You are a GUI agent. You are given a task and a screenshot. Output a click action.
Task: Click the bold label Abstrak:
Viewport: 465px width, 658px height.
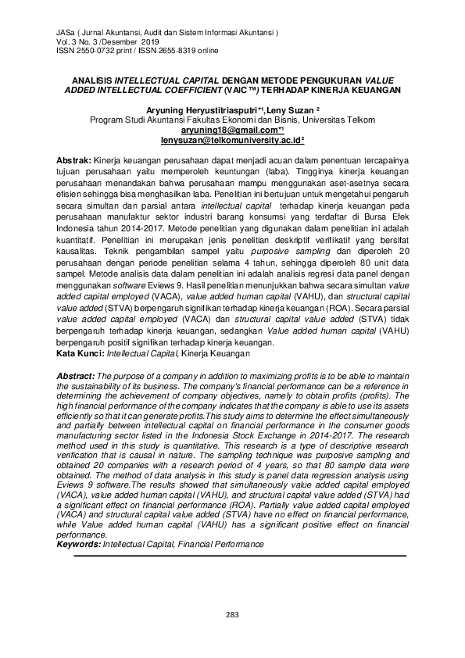(75, 159)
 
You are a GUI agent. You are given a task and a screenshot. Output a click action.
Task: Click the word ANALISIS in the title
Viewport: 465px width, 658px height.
(91, 80)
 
